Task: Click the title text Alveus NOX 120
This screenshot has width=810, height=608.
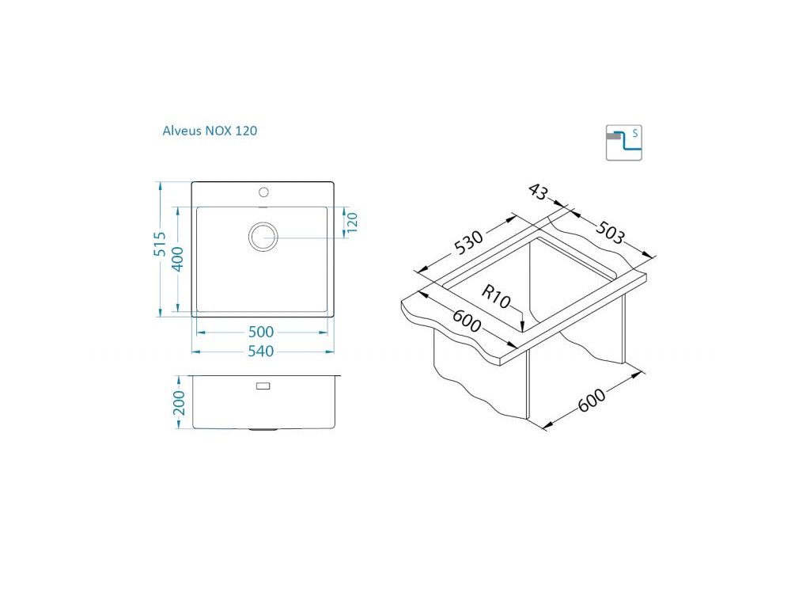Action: tap(210, 131)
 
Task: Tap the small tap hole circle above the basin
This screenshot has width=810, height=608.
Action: tap(263, 193)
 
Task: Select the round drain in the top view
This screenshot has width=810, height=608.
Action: tap(263, 237)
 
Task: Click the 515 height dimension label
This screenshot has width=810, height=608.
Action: tap(161, 244)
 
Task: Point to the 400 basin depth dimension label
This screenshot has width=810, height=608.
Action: tap(177, 259)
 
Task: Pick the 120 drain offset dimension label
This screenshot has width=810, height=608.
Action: tap(352, 222)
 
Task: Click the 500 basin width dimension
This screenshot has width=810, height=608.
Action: tap(261, 332)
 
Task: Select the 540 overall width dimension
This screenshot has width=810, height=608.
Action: tap(261, 351)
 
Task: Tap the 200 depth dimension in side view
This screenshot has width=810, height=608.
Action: tap(179, 403)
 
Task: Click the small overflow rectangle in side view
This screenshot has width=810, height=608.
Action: tap(263, 386)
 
